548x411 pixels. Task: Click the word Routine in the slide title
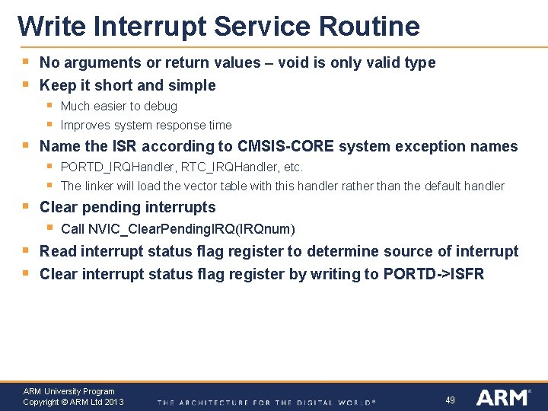(369, 26)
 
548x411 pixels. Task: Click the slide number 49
(450, 400)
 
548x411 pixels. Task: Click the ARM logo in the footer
(502, 397)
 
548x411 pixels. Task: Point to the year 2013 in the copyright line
(113, 402)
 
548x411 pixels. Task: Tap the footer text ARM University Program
(68, 391)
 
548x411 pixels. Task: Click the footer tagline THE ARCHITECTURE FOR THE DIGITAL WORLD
(266, 402)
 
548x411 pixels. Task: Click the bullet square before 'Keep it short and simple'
(25, 84)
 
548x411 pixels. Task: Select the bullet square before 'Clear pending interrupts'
(25, 205)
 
